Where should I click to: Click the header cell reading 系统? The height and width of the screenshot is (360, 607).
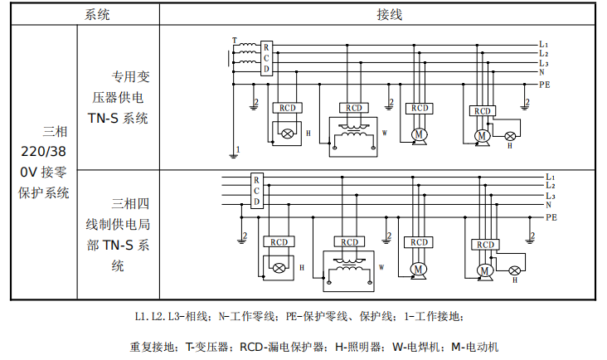click(x=97, y=15)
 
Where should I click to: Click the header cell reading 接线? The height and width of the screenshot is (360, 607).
click(x=390, y=15)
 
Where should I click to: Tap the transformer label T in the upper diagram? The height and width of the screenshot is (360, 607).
click(x=234, y=40)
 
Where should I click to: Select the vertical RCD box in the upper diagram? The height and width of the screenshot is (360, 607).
click(x=266, y=58)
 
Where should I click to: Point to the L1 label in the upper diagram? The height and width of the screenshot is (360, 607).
click(x=543, y=44)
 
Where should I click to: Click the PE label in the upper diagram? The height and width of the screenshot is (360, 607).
click(x=545, y=85)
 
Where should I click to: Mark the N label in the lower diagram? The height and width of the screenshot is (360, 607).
click(x=549, y=205)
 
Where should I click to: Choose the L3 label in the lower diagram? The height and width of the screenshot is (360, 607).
click(x=551, y=196)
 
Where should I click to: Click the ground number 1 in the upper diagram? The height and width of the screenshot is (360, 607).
click(x=238, y=149)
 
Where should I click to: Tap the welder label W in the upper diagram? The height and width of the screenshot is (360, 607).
click(x=384, y=133)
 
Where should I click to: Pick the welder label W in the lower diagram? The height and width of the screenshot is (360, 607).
click(x=381, y=268)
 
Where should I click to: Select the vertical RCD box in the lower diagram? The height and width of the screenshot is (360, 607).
click(x=256, y=191)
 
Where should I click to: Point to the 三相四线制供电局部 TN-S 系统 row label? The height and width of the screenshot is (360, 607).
click(x=123, y=235)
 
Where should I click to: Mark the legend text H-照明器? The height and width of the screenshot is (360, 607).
click(x=360, y=347)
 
